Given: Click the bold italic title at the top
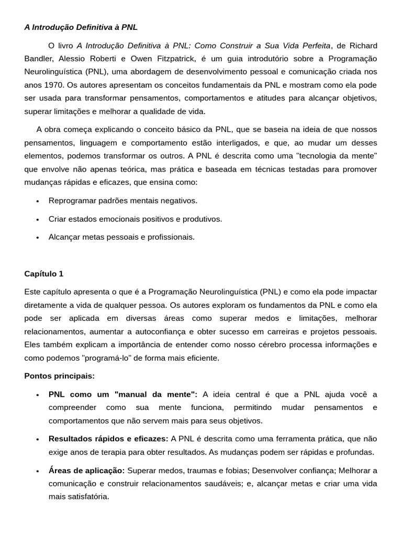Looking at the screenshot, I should tap(81, 27).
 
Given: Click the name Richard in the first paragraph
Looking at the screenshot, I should tap(363, 46).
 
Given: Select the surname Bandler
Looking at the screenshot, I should tap(38, 59).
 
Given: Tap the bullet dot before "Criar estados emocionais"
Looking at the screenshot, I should tap(38, 219).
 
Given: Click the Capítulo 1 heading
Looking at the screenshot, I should tap(43, 273).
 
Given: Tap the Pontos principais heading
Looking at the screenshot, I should tap(60, 376).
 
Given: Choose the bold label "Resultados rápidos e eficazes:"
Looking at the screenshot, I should tap(108, 439).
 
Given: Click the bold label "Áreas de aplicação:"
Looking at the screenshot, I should tap(87, 471).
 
